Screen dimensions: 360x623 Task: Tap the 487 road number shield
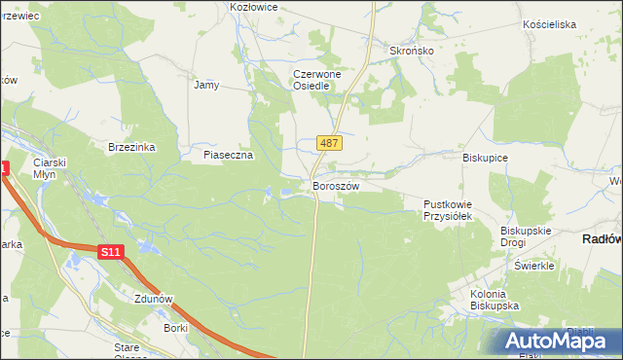click(x=329, y=143)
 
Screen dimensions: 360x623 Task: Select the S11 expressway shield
click(x=111, y=252)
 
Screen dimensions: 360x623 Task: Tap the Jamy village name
click(x=206, y=85)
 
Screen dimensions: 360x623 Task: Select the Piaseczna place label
click(x=228, y=155)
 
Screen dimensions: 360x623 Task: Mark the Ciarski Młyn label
click(x=48, y=168)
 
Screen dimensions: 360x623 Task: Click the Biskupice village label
click(x=486, y=156)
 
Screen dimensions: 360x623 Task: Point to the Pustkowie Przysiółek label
click(x=447, y=210)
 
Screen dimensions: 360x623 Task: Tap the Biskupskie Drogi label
click(x=526, y=236)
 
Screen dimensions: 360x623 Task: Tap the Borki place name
click(x=176, y=329)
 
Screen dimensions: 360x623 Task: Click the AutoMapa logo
click(x=562, y=341)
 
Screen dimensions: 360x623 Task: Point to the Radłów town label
click(x=602, y=238)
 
